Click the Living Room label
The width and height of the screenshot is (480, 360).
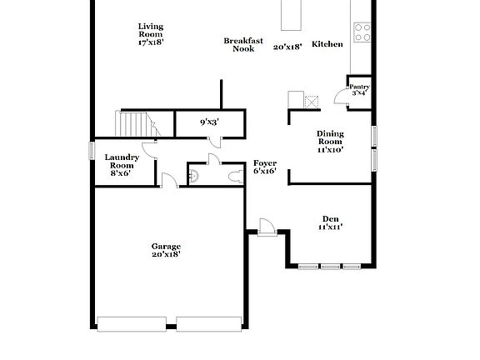[151, 33]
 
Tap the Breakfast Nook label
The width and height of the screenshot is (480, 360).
[243, 44]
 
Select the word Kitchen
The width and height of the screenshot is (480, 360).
[327, 44]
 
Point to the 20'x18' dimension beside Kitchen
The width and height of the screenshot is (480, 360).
[287, 47]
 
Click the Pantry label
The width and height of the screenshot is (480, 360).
[359, 89]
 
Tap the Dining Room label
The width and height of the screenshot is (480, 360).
[330, 142]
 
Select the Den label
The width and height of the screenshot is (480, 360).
[330, 222]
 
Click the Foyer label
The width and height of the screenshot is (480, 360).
[265, 167]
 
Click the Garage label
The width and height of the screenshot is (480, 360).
[166, 250]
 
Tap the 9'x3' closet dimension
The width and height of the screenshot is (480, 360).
[209, 122]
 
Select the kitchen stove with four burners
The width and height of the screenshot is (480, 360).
[362, 32]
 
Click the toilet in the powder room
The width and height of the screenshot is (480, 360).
[229, 176]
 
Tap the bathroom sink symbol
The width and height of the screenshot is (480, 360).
[193, 176]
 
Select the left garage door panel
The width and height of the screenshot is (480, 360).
[132, 323]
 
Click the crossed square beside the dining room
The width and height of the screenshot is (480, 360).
[312, 102]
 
